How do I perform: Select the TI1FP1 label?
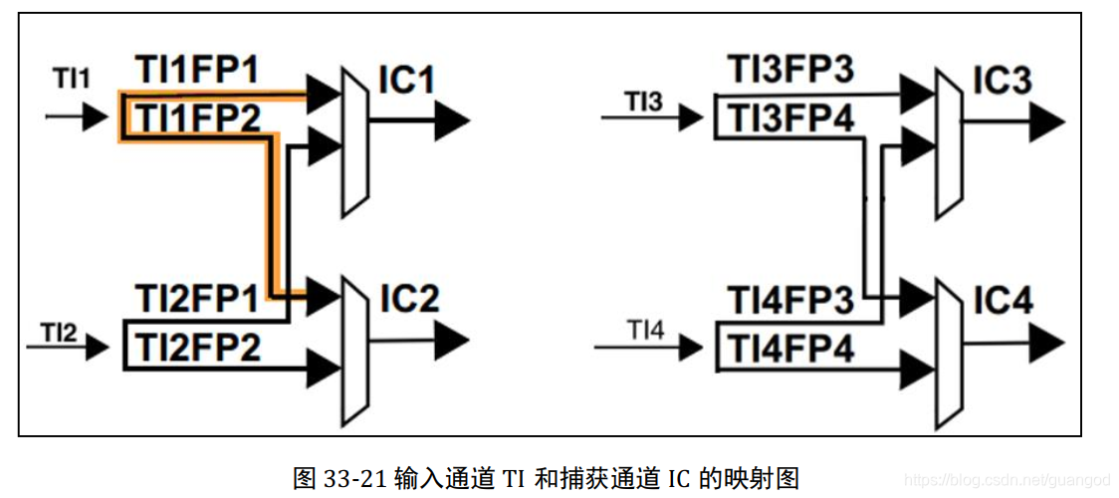pyautogui.click(x=197, y=71)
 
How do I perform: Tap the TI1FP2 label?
pyautogui.click(x=197, y=118)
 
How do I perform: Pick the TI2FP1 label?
pyautogui.click(x=197, y=297)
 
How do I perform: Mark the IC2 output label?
pyautogui.click(x=408, y=298)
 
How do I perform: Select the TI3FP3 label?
pyautogui.click(x=790, y=71)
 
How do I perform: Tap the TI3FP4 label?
pyautogui.click(x=790, y=119)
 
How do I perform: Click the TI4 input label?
pyautogui.click(x=645, y=328)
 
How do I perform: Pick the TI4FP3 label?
pyautogui.click(x=790, y=298)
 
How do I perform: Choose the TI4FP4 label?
pyautogui.click(x=790, y=348)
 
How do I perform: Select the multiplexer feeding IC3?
pyautogui.click(x=948, y=143)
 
